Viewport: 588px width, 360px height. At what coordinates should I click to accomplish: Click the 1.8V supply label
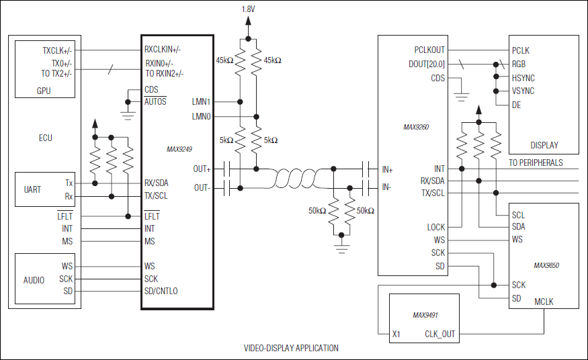tap(247, 9)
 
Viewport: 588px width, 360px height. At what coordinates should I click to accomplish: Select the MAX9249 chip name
tap(179, 149)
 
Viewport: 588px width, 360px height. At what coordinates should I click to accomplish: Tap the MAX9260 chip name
tap(416, 126)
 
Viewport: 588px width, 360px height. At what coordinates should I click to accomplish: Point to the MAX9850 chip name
tap(546, 265)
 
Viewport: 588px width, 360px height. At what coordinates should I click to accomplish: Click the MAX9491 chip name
tap(425, 314)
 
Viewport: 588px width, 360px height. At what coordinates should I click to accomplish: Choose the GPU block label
tap(44, 91)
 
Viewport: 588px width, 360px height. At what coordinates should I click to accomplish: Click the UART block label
tap(32, 189)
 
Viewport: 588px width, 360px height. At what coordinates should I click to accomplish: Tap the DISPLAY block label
tap(544, 145)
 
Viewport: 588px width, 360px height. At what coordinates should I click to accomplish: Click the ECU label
tap(45, 138)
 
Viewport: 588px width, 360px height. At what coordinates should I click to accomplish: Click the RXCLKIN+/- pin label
tap(163, 49)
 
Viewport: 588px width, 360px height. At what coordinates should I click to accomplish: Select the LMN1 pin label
tap(201, 102)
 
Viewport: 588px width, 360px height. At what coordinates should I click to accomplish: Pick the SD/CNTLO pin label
tap(161, 291)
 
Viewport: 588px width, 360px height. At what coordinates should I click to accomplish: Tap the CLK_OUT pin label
tap(439, 334)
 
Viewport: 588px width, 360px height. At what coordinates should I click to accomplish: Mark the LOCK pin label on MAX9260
tap(435, 227)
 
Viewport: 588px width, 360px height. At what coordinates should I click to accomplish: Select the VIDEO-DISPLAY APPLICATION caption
tap(291, 348)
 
